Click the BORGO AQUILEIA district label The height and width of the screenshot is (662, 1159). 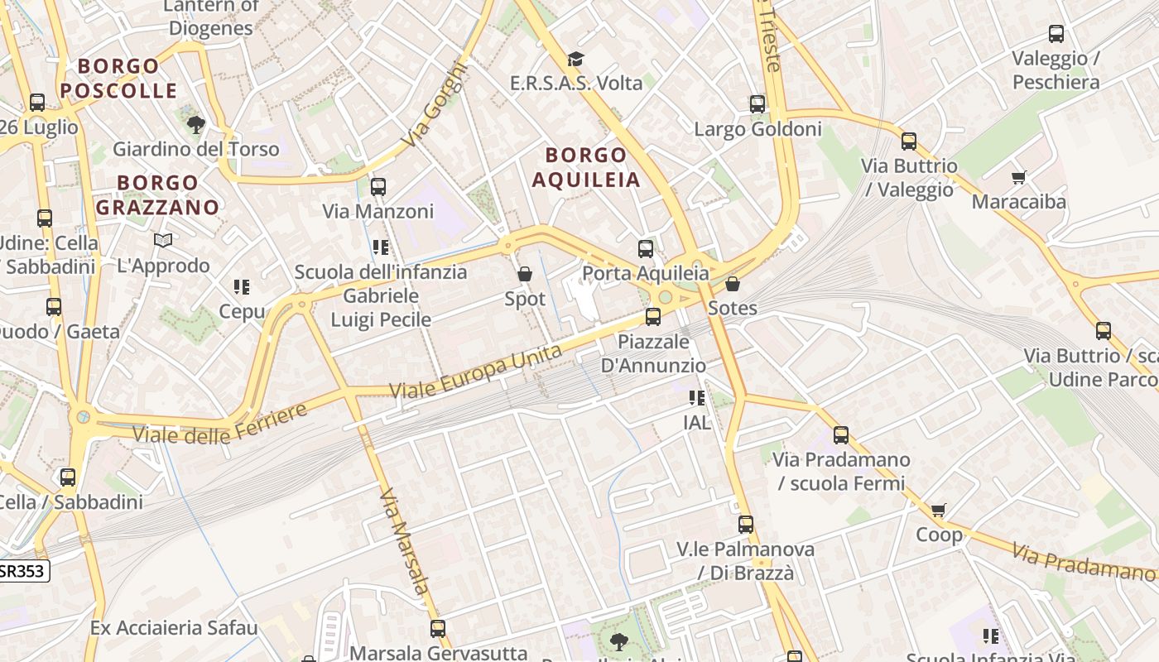tap(586, 167)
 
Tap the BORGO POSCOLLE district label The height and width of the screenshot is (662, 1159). tap(119, 78)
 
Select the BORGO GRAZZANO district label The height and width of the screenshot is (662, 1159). tap(157, 194)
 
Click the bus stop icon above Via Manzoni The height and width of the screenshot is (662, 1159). tap(378, 187)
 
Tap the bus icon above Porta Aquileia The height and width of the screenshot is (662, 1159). tap(646, 249)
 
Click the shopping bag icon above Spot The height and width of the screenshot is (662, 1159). tap(525, 274)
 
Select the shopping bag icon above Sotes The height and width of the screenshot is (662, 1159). tap(733, 285)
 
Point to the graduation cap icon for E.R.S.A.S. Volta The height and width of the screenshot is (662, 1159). tap(575, 59)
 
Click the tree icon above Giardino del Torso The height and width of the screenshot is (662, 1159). tap(196, 125)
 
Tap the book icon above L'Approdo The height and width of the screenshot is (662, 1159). tap(163, 241)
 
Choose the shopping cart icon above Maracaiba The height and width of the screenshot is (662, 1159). tap(1019, 177)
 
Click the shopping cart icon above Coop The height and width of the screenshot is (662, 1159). tap(938, 510)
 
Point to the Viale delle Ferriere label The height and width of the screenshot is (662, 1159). tap(219, 423)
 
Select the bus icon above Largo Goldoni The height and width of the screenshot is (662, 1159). tap(757, 104)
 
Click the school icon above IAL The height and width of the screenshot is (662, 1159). tap(697, 398)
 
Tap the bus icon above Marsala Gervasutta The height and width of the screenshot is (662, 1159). tap(438, 629)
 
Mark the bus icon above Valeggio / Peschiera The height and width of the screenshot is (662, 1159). tap(1056, 34)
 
